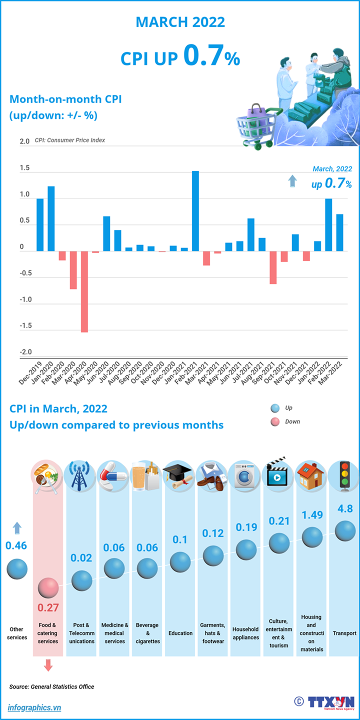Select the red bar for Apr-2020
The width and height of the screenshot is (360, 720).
(84, 291)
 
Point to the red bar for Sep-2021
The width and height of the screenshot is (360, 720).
(273, 267)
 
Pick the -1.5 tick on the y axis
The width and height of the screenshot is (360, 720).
(25, 326)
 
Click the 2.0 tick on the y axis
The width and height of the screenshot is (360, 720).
(25, 142)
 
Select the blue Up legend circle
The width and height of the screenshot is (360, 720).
(274, 408)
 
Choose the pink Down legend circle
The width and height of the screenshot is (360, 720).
(274, 421)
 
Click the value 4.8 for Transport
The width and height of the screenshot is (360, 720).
(345, 509)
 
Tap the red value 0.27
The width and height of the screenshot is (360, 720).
(48, 608)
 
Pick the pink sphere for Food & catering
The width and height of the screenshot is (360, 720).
(48, 588)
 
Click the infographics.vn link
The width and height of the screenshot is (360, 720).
(34, 707)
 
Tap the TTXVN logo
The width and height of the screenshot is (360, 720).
(330, 702)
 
